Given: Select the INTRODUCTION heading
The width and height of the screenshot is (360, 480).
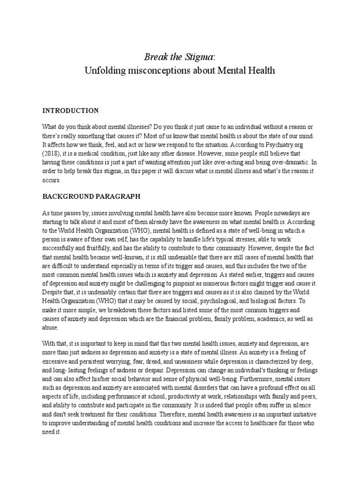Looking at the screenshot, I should tap(70, 111).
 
